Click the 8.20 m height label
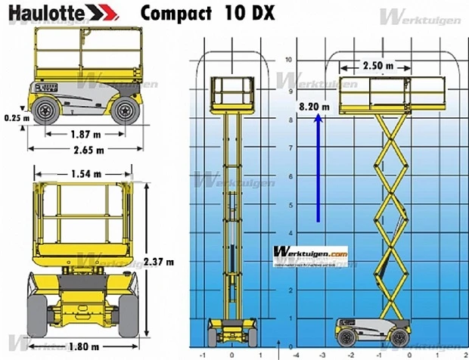click(x=315, y=107)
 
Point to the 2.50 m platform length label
click(x=377, y=66)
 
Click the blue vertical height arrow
click(x=318, y=170)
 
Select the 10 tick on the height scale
click(x=287, y=59)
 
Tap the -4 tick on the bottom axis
click(x=295, y=353)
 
